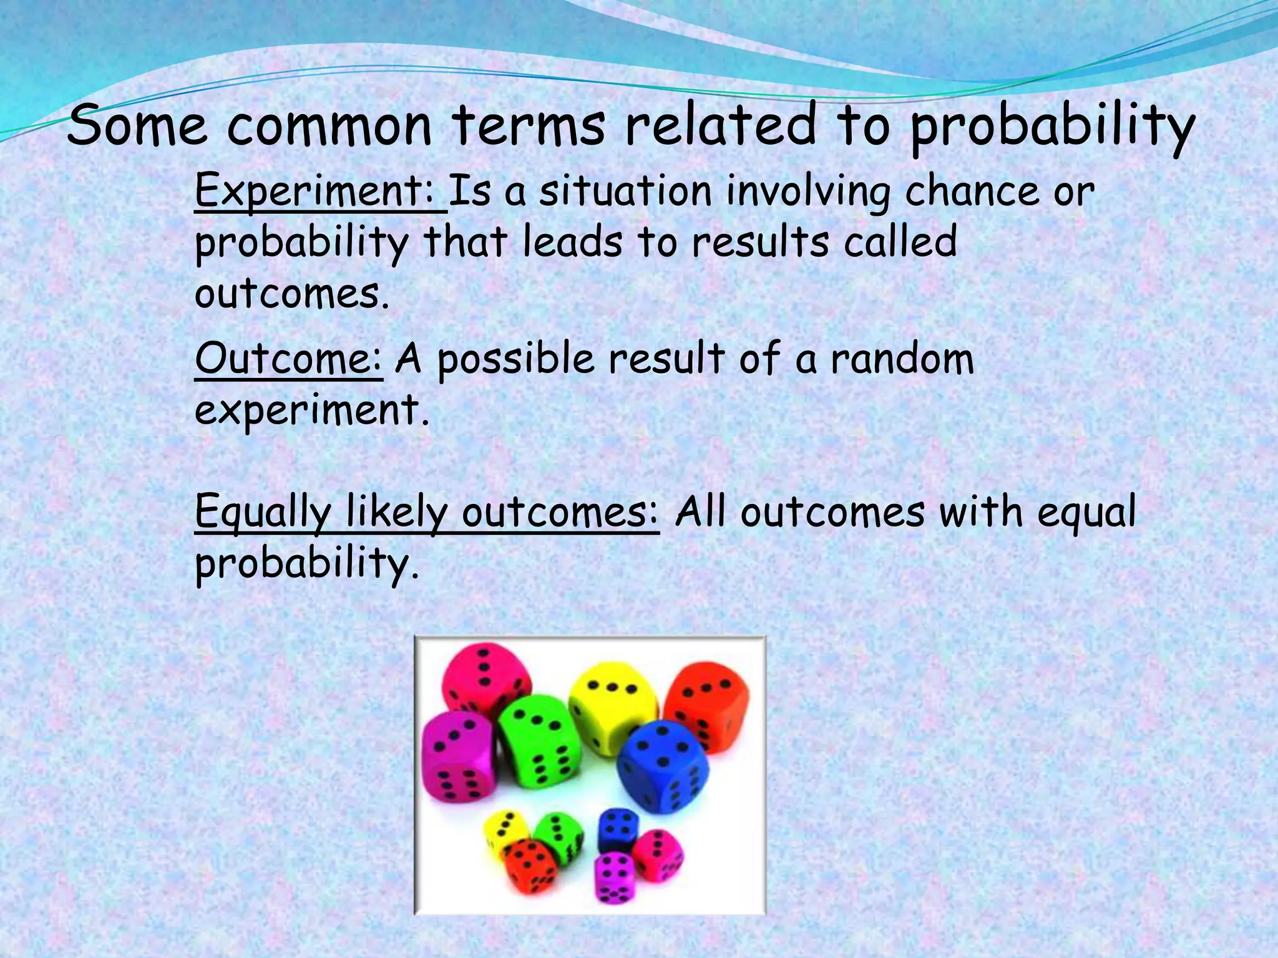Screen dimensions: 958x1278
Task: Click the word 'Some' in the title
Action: (137, 127)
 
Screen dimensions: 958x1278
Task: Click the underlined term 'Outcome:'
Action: (288, 359)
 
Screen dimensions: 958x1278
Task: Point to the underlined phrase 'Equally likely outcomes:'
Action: (426, 513)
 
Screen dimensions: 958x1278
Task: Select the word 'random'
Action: (901, 359)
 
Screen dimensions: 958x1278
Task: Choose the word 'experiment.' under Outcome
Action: (312, 410)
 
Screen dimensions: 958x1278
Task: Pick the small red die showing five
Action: (530, 864)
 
